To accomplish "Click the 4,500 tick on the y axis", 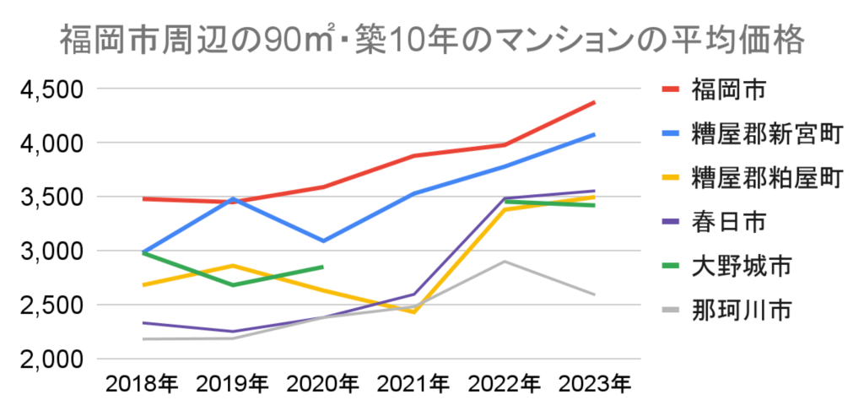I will pyautogui.click(x=50, y=89).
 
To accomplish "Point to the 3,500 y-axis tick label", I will pyautogui.click(x=50, y=197).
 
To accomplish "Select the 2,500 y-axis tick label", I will pyautogui.click(x=50, y=305).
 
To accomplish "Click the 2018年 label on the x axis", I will pyautogui.click(x=142, y=385).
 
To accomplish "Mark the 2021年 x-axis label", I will pyautogui.click(x=413, y=385).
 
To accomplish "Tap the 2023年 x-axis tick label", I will pyautogui.click(x=595, y=385).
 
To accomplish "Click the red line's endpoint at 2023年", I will pyautogui.click(x=595, y=102).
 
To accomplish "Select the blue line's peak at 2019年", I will pyautogui.click(x=233, y=198).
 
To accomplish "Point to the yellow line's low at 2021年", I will pyautogui.click(x=413, y=312).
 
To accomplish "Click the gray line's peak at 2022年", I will pyautogui.click(x=505, y=262).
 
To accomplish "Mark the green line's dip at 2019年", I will pyautogui.click(x=233, y=285).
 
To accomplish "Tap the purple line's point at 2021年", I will pyautogui.click(x=413, y=294).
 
